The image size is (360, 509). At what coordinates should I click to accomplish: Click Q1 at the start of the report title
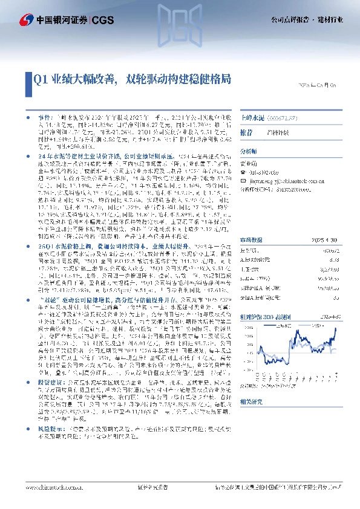pos(40,79)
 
